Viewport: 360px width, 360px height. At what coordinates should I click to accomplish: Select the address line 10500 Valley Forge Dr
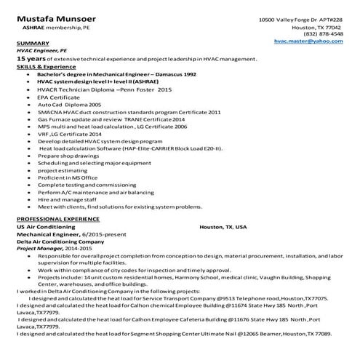tap(300, 20)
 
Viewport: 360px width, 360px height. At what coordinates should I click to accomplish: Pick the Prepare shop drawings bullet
tap(70, 156)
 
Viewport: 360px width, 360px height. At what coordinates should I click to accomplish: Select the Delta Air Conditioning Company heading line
tap(60, 241)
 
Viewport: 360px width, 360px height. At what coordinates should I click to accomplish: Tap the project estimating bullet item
tap(63, 170)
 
